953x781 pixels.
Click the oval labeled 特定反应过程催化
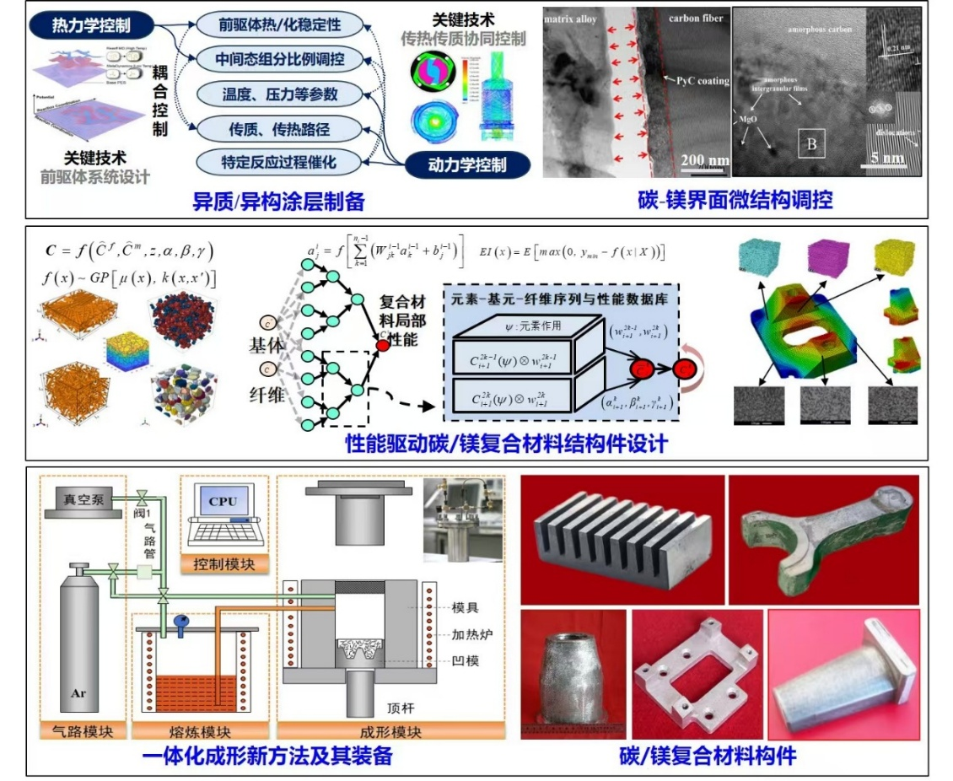click(x=269, y=160)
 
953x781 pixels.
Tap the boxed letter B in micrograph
click(x=811, y=144)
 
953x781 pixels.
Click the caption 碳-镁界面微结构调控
click(x=735, y=200)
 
